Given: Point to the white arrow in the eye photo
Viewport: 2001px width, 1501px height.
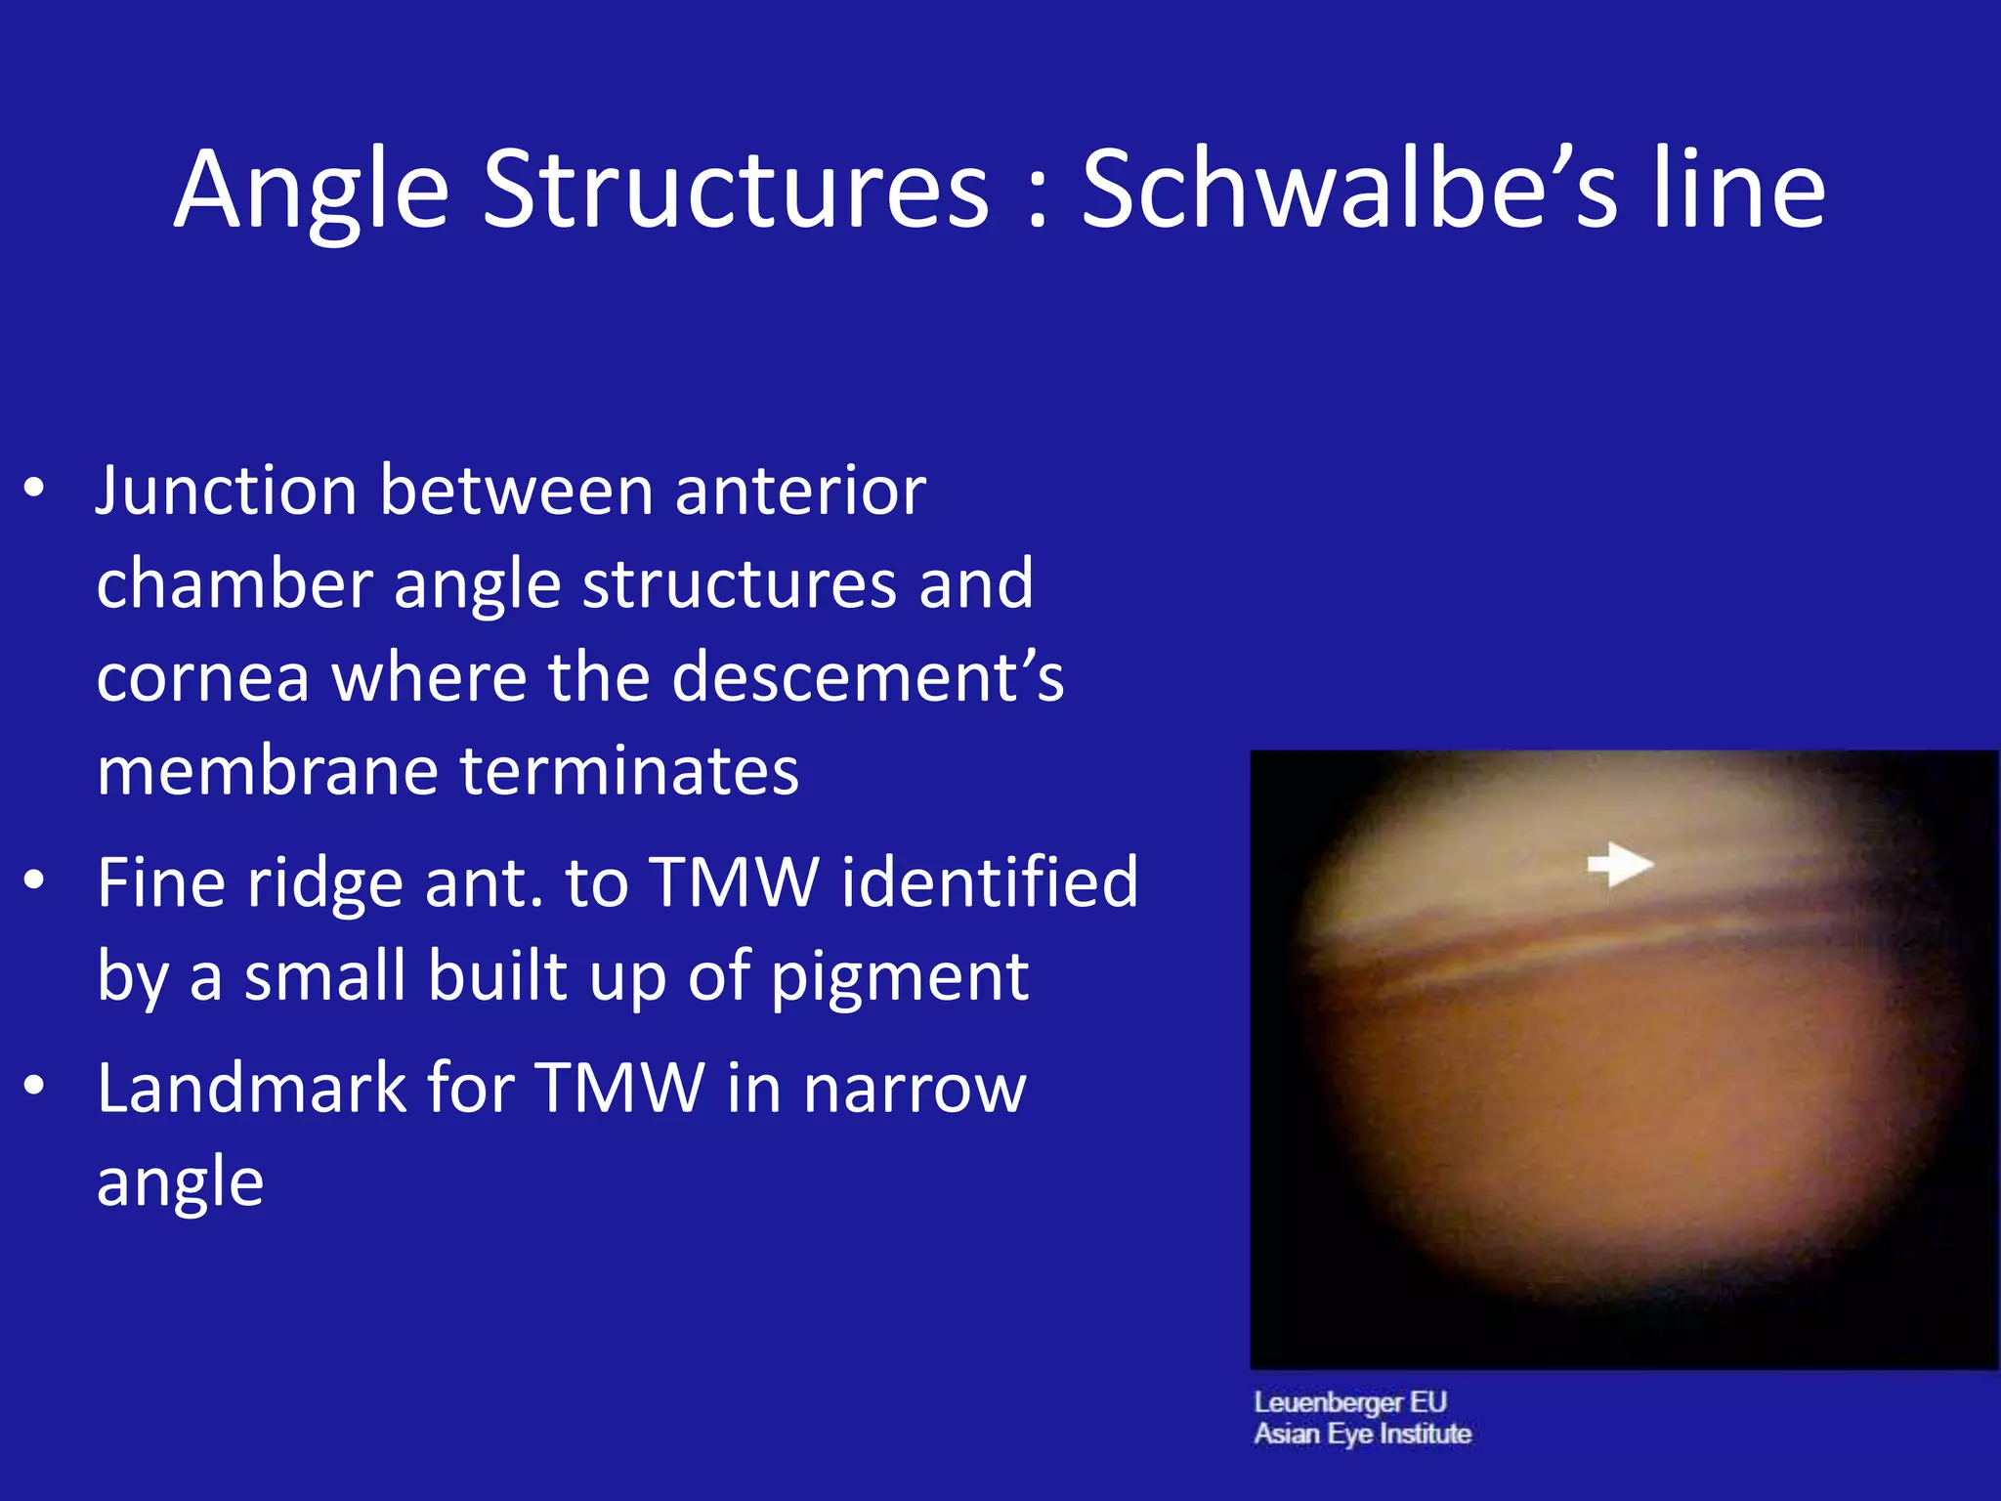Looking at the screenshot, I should tap(1619, 864).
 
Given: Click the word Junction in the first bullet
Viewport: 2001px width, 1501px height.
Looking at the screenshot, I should tap(226, 491).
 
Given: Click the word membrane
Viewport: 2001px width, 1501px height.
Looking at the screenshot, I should tap(267, 771).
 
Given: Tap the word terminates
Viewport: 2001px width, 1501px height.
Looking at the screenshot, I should tap(629, 771).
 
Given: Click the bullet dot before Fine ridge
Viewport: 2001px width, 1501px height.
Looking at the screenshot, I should tap(34, 880).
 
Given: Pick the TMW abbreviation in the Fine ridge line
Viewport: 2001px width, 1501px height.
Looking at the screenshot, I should tap(733, 882).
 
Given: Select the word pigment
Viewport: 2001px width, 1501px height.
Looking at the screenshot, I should tap(899, 977).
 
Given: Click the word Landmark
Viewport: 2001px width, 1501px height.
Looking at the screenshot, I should tap(251, 1088).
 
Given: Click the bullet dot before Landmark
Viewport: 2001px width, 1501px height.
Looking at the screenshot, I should tap(34, 1086).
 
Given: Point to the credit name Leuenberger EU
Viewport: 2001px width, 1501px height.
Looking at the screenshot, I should tap(1349, 1402).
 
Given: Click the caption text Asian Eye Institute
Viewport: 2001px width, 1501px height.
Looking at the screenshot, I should tap(1362, 1434).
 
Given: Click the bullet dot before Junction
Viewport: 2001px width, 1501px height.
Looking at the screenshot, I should tap(34, 488).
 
